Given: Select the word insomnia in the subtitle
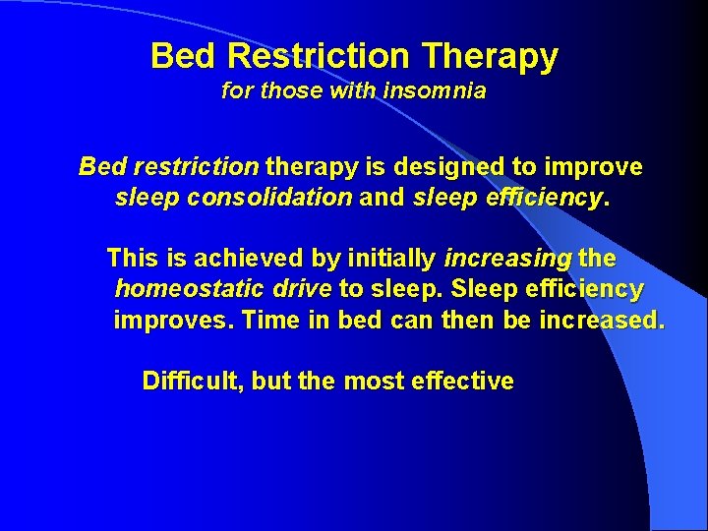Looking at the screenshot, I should tap(438, 91).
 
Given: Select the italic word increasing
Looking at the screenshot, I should tap(507, 259).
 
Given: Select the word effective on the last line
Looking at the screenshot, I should tap(468, 382).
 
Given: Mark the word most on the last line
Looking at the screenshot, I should tap(375, 382).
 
